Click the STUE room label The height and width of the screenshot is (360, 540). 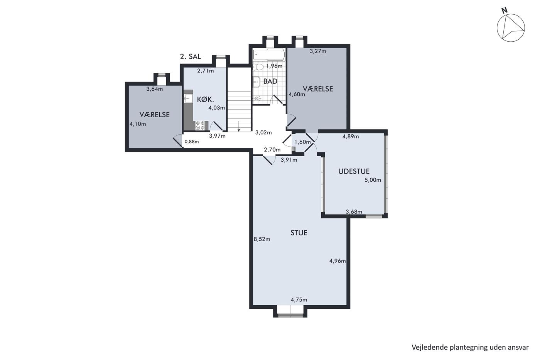click(299, 233)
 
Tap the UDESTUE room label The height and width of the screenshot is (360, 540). click(354, 171)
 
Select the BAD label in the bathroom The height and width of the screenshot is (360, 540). click(270, 81)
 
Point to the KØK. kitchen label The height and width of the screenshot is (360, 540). click(205, 99)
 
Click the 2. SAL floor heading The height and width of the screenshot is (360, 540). click(191, 57)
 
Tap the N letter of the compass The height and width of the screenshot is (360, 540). click(505, 10)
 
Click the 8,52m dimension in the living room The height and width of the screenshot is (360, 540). click(262, 240)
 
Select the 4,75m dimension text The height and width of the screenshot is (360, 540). click(299, 300)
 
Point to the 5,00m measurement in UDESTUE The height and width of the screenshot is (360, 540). click(373, 180)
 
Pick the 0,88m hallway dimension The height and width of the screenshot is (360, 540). click(192, 142)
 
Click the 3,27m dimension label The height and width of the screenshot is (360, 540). click(318, 51)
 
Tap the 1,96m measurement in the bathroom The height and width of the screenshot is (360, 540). click(274, 66)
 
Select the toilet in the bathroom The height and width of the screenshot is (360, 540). click(258, 67)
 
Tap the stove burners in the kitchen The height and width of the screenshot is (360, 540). click(200, 126)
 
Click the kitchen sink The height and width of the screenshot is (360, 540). click(188, 98)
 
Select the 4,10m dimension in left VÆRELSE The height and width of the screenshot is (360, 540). click(138, 124)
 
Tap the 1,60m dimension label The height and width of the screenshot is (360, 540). click(302, 142)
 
